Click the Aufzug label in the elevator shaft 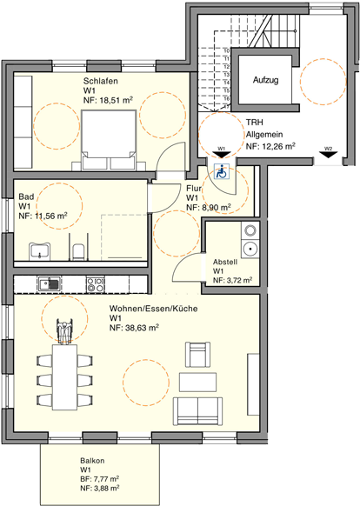point(265,80)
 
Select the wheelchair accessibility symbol point(221,171)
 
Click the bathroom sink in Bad point(39,252)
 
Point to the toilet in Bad point(79,252)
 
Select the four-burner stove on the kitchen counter point(95,283)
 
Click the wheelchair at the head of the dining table point(63,332)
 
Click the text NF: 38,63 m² point(134,329)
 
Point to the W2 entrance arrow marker point(328,150)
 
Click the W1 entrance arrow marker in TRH point(222,150)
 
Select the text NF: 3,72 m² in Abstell point(232,281)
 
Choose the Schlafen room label point(101,80)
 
